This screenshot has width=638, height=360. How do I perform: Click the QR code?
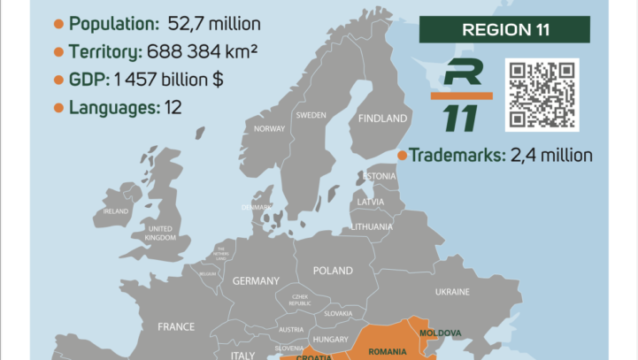(x=542, y=95)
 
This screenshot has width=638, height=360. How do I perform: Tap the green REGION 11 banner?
(x=505, y=30)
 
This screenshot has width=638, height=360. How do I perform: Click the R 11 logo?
(x=460, y=94)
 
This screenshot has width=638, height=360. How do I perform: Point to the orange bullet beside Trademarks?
(x=402, y=156)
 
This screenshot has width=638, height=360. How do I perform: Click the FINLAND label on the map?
(x=382, y=118)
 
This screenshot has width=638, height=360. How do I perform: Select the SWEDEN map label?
(x=311, y=115)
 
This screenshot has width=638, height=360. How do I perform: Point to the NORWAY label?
(x=269, y=128)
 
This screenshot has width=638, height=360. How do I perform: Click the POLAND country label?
(x=332, y=271)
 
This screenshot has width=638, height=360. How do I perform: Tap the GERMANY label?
(x=256, y=280)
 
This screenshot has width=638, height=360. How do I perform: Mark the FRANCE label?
(x=176, y=326)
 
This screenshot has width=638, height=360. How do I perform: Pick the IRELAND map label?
(x=116, y=211)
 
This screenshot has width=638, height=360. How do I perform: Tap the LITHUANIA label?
(x=372, y=226)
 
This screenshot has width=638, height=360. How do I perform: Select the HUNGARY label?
(x=329, y=339)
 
